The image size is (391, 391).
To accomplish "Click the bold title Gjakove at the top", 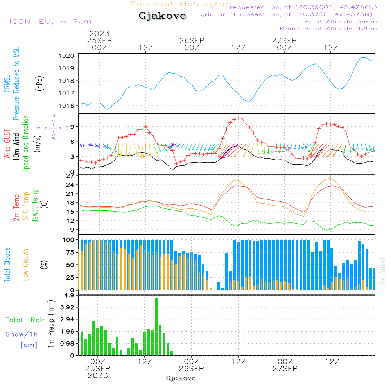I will [x=162, y=16].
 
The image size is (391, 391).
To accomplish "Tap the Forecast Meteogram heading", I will [x=182, y=4].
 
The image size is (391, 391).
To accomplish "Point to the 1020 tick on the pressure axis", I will [x=68, y=56].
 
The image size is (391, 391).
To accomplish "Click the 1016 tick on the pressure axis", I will [x=68, y=106].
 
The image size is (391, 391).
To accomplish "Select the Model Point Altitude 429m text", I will [x=328, y=29].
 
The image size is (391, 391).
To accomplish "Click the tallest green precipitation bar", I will [x=156, y=326].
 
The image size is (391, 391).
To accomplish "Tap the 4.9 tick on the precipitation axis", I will [x=69, y=295].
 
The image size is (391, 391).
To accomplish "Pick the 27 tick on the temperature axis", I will [x=70, y=176].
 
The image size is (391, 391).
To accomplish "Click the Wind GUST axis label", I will [x=7, y=145].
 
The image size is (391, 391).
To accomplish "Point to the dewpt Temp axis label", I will [x=35, y=206].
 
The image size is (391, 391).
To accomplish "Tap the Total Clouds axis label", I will [x=7, y=265].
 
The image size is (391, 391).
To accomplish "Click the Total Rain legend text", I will [x=25, y=320].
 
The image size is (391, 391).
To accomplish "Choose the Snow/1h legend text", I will [x=22, y=334].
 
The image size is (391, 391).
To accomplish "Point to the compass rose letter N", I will [x=53, y=116].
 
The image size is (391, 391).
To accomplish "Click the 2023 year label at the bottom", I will [x=98, y=375].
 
